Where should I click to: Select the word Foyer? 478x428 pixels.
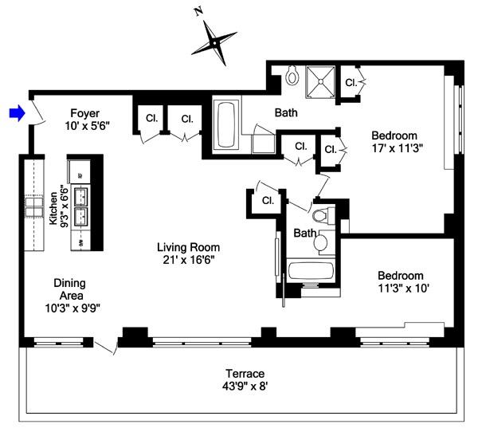84,112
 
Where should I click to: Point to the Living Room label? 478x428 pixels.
188,247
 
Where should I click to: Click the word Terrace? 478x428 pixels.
244,373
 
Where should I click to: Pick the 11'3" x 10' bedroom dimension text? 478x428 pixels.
403,289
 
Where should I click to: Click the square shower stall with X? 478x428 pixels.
322,78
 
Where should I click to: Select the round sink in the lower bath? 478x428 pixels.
321,241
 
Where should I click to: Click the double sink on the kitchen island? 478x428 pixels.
81,206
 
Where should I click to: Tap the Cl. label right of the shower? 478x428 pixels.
351,82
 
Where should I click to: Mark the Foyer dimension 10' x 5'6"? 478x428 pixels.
88,126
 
